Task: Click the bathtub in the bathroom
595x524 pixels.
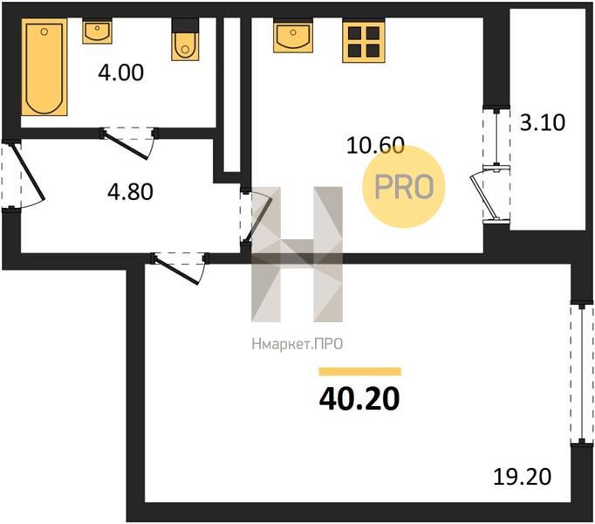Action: click(x=44, y=67)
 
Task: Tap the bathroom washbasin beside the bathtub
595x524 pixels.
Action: click(x=97, y=32)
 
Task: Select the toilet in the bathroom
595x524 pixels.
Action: click(x=185, y=40)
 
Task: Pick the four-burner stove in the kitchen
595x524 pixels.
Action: click(x=364, y=42)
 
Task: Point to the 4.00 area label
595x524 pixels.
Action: click(x=121, y=72)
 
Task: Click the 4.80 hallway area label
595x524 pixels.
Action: click(x=131, y=191)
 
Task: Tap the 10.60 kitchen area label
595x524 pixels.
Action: click(x=376, y=146)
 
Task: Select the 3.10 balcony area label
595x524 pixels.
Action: click(x=543, y=122)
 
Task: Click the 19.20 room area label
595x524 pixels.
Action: click(x=522, y=477)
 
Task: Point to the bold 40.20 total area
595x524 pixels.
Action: click(x=359, y=399)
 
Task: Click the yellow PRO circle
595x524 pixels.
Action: click(x=404, y=187)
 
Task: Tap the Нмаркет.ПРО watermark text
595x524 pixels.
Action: click(x=297, y=344)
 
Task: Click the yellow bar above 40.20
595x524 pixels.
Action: click(x=359, y=371)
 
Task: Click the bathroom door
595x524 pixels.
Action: click(x=129, y=143)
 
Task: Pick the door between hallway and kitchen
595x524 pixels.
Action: click(x=256, y=217)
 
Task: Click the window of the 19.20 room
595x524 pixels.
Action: click(x=582, y=374)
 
